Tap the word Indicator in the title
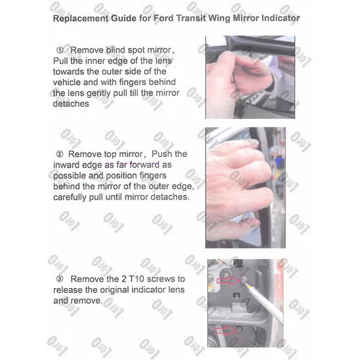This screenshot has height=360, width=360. click(281, 18)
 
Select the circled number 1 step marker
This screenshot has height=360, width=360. click(60, 50)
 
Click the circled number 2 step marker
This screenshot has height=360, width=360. click(60, 154)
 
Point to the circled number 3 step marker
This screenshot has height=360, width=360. click(60, 279)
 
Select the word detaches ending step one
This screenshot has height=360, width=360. click(71, 104)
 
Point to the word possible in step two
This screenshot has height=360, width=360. click(70, 176)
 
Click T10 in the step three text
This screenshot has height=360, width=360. click(137, 279)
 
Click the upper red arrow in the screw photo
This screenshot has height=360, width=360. click(228, 281)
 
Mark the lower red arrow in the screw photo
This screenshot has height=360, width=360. click(225, 331)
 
